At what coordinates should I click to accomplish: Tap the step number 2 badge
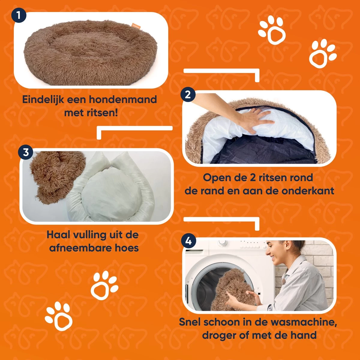click(x=188, y=95)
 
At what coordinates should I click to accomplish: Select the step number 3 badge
click(x=26, y=152)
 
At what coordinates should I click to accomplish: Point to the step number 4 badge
click(x=189, y=241)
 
